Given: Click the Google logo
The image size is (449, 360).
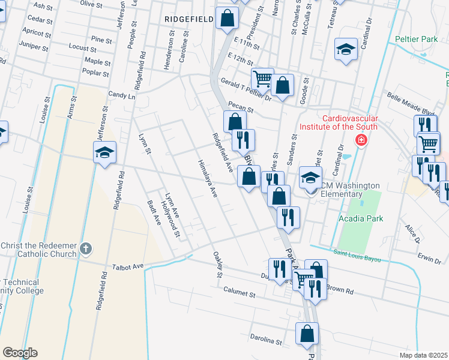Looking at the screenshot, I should coord(20,353).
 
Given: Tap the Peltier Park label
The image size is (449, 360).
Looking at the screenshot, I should coord(417,39).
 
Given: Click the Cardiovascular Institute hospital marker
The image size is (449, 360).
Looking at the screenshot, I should coord(361,140).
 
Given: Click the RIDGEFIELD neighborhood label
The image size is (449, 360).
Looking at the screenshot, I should coord(188,19).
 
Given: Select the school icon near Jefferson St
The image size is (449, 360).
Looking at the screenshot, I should coord(104,152).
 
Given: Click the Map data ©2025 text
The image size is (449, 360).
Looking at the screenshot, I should coord(423,355).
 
